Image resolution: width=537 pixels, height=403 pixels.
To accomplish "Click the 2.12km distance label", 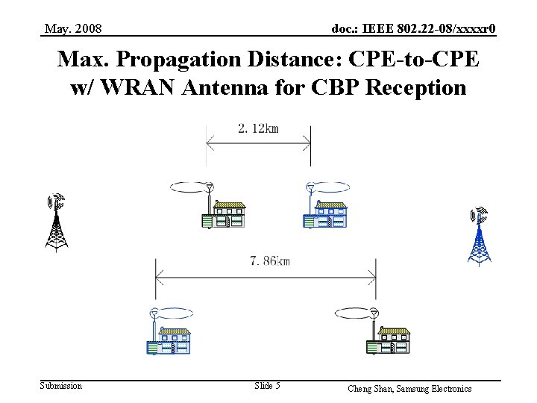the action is (258, 128).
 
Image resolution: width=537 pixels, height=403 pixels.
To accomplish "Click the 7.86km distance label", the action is (270, 260).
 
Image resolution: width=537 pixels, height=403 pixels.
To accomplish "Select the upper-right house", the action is (326, 214).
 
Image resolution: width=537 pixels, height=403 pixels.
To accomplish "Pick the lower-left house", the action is (169, 340).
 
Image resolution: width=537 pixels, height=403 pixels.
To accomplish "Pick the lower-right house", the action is (389, 340).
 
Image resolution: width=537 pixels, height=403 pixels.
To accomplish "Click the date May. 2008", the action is (73, 29).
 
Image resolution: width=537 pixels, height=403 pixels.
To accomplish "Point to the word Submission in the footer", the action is (61, 386).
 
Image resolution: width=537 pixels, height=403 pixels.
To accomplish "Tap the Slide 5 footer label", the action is (267, 386).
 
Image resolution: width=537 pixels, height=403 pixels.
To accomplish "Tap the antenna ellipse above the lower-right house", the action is (356, 313).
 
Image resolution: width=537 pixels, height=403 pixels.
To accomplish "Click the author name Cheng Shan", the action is (370, 389).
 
